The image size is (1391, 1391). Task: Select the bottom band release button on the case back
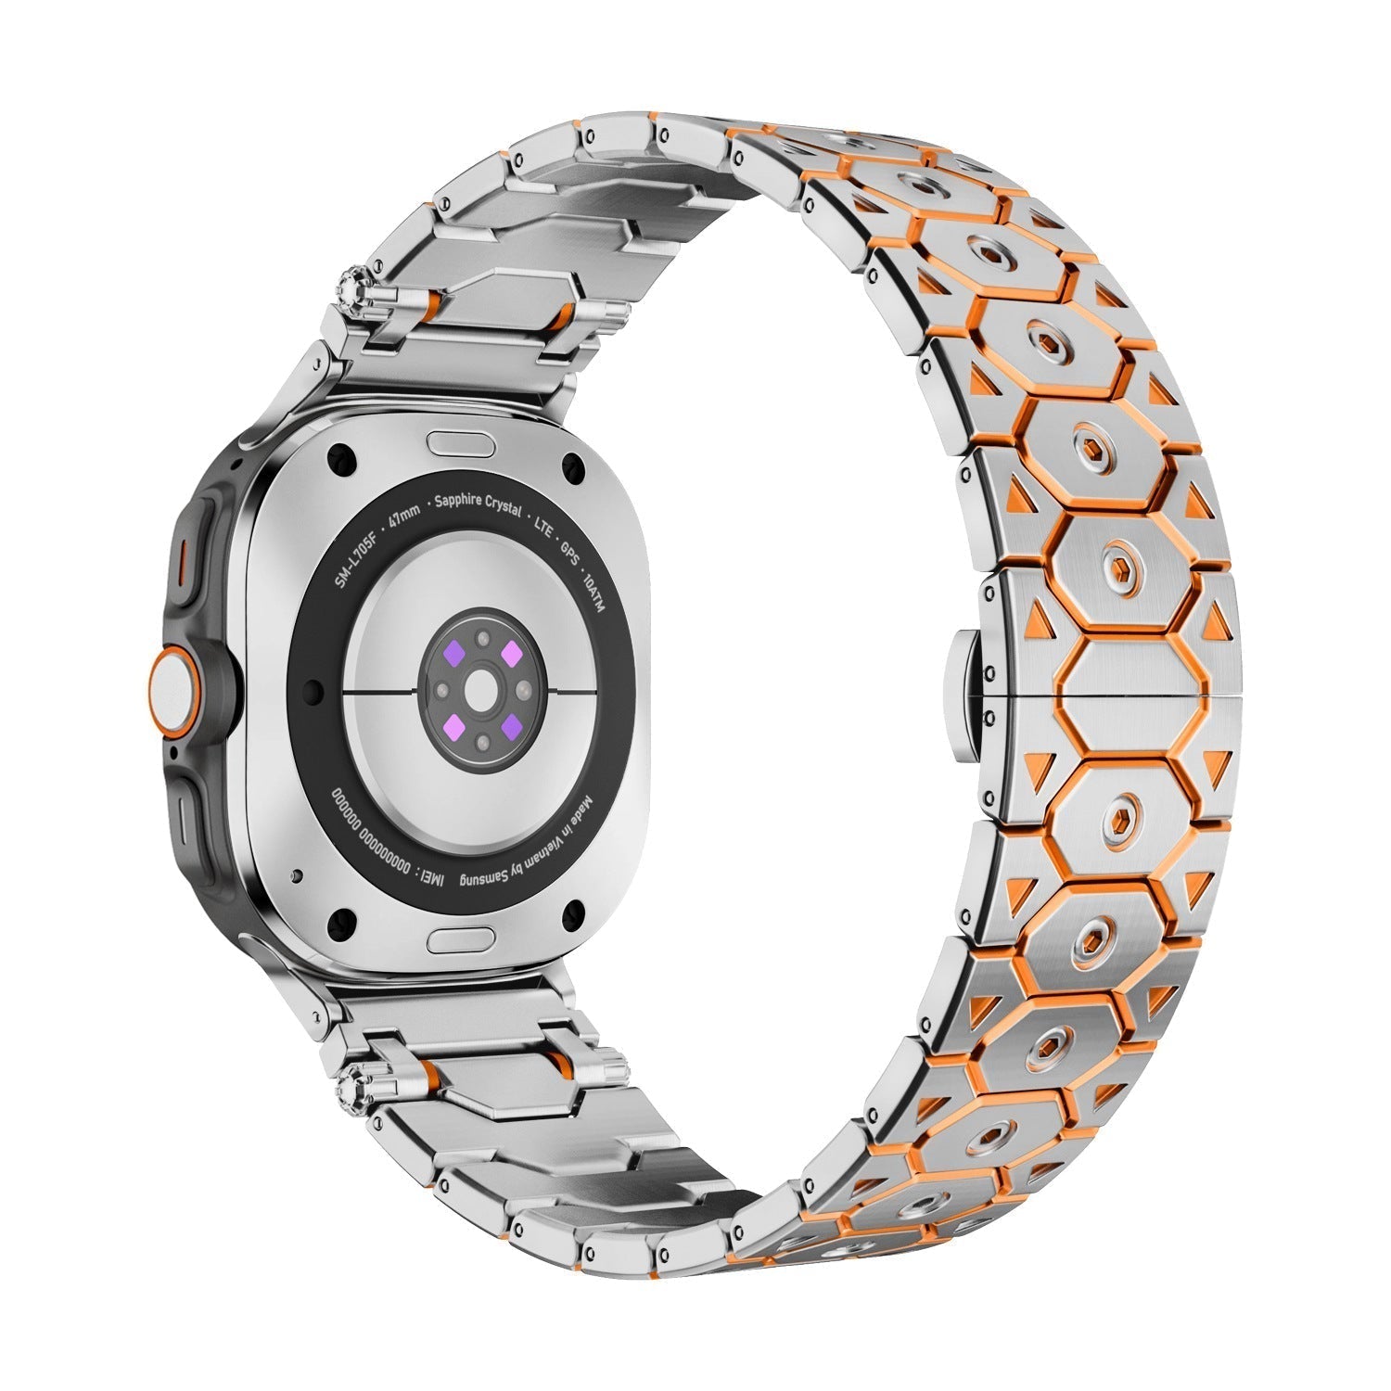460,943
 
